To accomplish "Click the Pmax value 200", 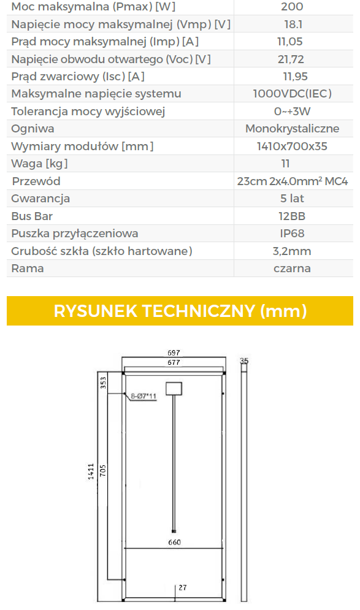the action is [x=292, y=7].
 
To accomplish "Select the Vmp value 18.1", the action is [x=293, y=24].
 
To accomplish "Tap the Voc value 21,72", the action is [x=291, y=59].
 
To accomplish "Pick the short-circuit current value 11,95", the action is [x=295, y=76].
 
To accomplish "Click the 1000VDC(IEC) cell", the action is [x=293, y=94].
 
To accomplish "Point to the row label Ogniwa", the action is [x=33, y=129].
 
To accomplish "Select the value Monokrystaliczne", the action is [x=293, y=129].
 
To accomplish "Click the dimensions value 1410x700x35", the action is [x=292, y=147].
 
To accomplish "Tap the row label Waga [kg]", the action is [x=39, y=164].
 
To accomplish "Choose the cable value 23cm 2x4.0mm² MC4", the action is [x=293, y=181].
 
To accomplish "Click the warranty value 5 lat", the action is [x=292, y=199].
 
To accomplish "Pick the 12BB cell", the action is [x=292, y=216].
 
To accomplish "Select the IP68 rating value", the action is [x=292, y=234].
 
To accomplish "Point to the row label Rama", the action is [x=27, y=269].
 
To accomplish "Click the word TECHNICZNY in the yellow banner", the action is [x=198, y=311].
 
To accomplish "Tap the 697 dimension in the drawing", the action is [x=174, y=353].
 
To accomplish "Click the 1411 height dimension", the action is [x=91, y=471].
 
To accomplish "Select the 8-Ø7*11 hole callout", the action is [x=144, y=397].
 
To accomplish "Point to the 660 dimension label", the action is [x=174, y=543].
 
